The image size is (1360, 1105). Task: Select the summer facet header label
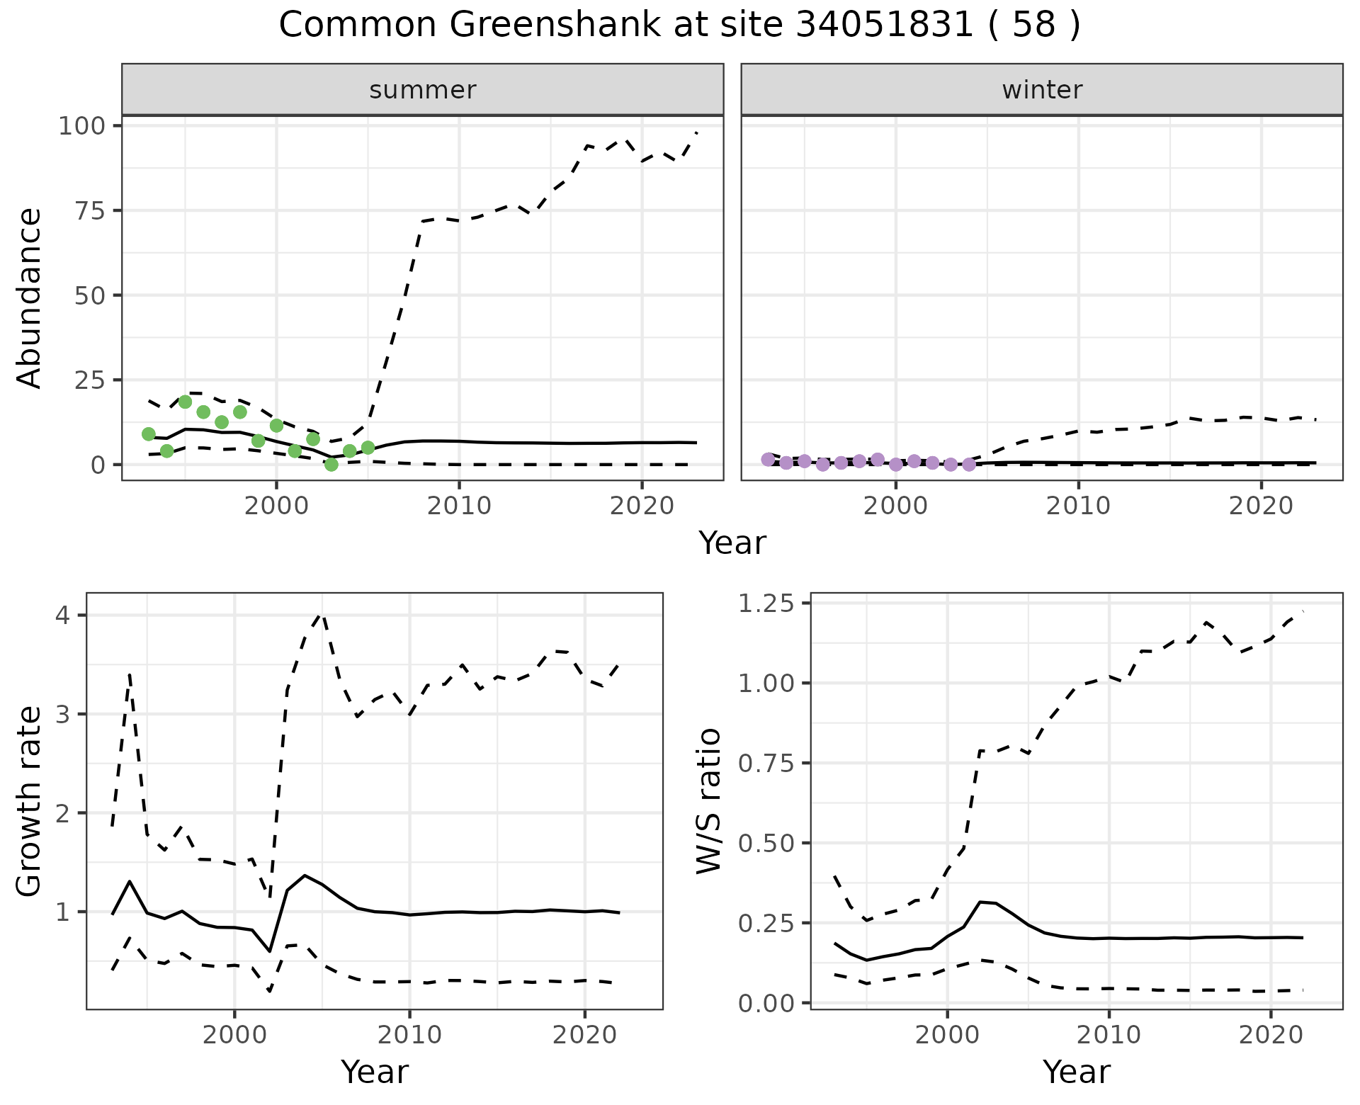point(423,90)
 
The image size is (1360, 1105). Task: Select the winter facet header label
point(1042,90)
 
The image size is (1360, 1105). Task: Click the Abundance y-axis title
point(30,297)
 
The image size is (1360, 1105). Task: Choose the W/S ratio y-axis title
point(709,801)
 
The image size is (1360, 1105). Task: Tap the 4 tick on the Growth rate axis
point(62,615)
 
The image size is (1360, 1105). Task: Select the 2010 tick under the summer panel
point(459,506)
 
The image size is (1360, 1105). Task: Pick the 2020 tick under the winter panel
point(1261,506)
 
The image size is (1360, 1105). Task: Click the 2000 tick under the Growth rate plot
point(234,1035)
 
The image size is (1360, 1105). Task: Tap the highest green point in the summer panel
point(186,402)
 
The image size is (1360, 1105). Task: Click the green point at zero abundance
point(331,464)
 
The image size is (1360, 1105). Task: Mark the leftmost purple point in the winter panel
point(768,460)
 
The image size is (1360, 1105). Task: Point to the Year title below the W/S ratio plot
point(1076,1072)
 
